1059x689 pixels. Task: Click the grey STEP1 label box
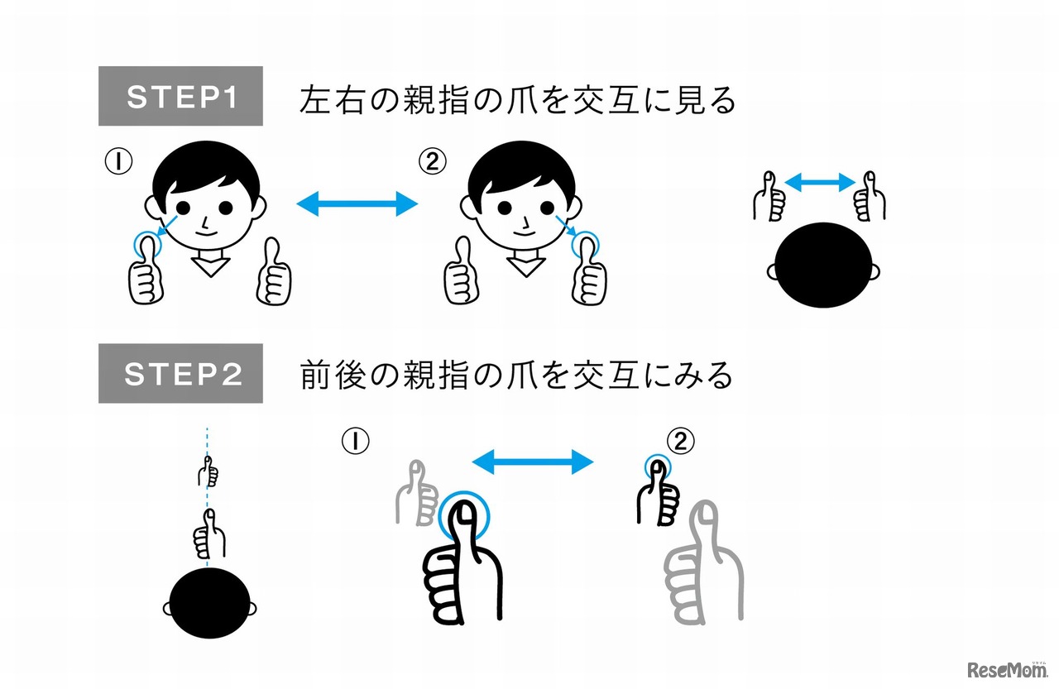pyautogui.click(x=180, y=97)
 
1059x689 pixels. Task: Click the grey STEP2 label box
pyautogui.click(x=180, y=374)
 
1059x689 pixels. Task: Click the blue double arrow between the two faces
pyautogui.click(x=358, y=203)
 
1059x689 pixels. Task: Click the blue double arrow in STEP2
pyautogui.click(x=533, y=462)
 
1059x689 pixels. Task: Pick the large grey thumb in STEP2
pyautogui.click(x=703, y=571)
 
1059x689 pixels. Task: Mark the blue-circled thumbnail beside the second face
pyautogui.click(x=587, y=245)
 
